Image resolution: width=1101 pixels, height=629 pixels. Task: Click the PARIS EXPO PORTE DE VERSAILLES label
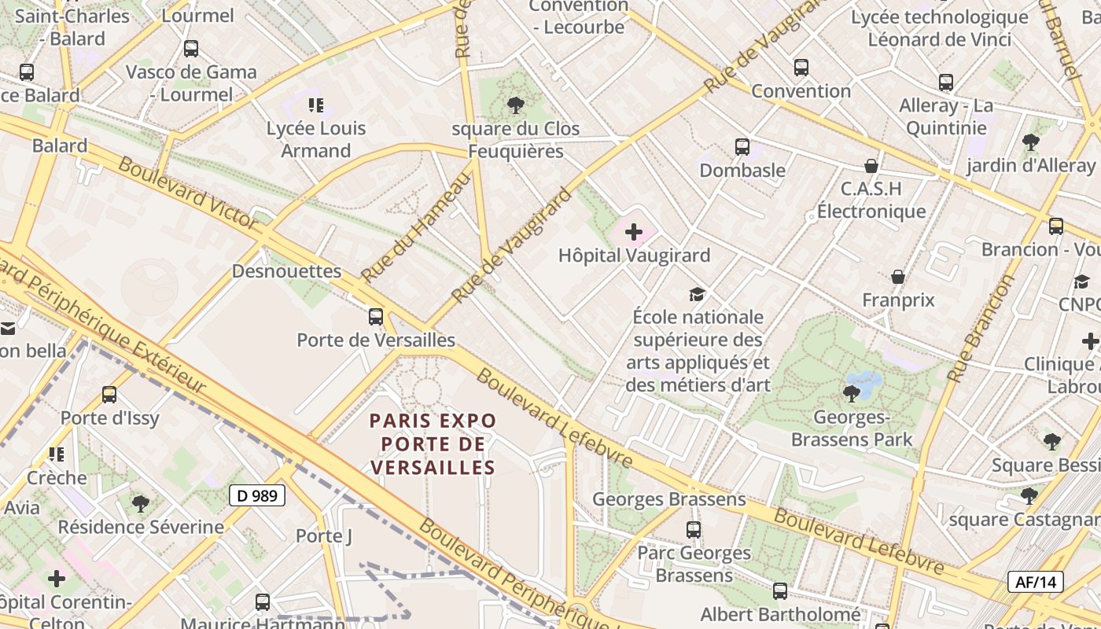tap(433, 444)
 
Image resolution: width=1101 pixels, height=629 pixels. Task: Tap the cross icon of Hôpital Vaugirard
tap(633, 232)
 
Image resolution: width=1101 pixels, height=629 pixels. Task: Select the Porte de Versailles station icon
tap(376, 317)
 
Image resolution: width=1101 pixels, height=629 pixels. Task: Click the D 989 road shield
tap(257, 495)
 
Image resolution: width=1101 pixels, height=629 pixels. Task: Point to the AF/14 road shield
tap(1036, 582)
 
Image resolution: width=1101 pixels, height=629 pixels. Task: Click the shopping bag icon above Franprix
tap(898, 277)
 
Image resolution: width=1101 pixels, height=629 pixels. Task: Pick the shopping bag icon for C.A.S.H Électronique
tap(871, 166)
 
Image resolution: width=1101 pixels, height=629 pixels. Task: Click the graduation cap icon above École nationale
tap(697, 295)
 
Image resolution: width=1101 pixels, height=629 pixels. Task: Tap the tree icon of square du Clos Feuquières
tap(516, 105)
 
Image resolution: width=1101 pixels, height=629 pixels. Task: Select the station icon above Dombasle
tap(742, 147)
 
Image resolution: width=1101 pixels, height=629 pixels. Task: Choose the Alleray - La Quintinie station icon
tap(946, 83)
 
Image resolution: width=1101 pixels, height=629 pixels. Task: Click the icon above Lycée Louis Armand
tap(316, 105)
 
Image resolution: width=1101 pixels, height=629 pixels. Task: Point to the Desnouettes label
tap(286, 271)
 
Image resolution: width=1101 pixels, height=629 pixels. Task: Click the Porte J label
tap(324, 536)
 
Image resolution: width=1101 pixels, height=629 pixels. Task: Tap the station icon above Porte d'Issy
tap(109, 395)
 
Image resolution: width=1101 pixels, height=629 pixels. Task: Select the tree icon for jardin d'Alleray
tap(1030, 142)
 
